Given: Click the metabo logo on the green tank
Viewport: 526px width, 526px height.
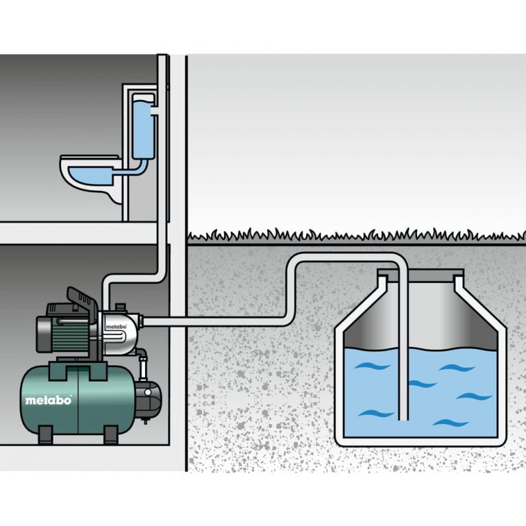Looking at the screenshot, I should coord(49,401).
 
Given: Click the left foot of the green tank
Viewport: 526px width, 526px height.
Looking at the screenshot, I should coord(46,434).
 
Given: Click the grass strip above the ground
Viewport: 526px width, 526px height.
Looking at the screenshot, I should coord(356,237).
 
